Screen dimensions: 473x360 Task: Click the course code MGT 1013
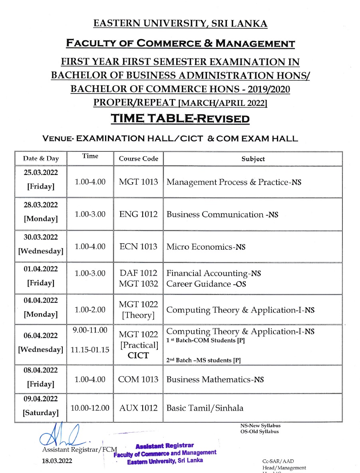click(138, 182)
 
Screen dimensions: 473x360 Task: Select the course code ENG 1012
click(138, 215)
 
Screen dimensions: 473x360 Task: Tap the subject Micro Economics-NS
click(206, 247)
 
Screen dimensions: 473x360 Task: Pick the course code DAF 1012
click(138, 274)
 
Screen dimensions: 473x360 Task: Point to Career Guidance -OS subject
click(206, 284)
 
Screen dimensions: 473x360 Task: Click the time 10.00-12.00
click(90, 408)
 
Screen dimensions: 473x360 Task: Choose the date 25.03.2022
click(40, 173)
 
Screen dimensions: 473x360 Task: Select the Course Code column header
click(138, 159)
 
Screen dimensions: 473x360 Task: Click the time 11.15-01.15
click(90, 350)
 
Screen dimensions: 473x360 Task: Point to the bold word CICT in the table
click(138, 356)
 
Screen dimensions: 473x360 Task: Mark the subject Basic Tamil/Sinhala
click(205, 408)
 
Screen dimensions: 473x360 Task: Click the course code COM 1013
click(138, 380)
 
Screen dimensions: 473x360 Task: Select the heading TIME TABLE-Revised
click(180, 119)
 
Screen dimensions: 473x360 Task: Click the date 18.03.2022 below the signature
click(57, 461)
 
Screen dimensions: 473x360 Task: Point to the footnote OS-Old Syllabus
click(259, 431)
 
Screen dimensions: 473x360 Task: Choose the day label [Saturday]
click(40, 413)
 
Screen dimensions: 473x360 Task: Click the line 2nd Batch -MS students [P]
click(203, 360)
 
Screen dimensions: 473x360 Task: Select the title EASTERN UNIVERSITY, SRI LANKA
click(180, 24)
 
